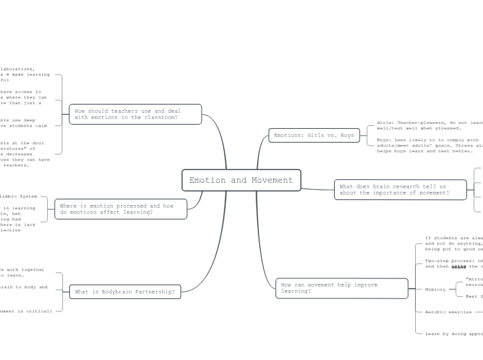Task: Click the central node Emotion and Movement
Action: click(x=241, y=180)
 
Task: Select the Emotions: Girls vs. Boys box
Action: click(x=313, y=136)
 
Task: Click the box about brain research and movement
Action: click(x=400, y=189)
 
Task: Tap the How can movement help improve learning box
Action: click(x=341, y=288)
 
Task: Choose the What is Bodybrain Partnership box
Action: click(x=125, y=292)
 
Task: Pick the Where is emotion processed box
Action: click(x=121, y=208)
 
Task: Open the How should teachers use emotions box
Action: click(x=135, y=114)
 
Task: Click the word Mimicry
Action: click(x=435, y=289)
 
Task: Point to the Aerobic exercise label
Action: click(x=448, y=312)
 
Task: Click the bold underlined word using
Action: click(x=458, y=266)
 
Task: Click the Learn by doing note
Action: click(x=454, y=334)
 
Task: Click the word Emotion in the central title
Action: click(x=209, y=180)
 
